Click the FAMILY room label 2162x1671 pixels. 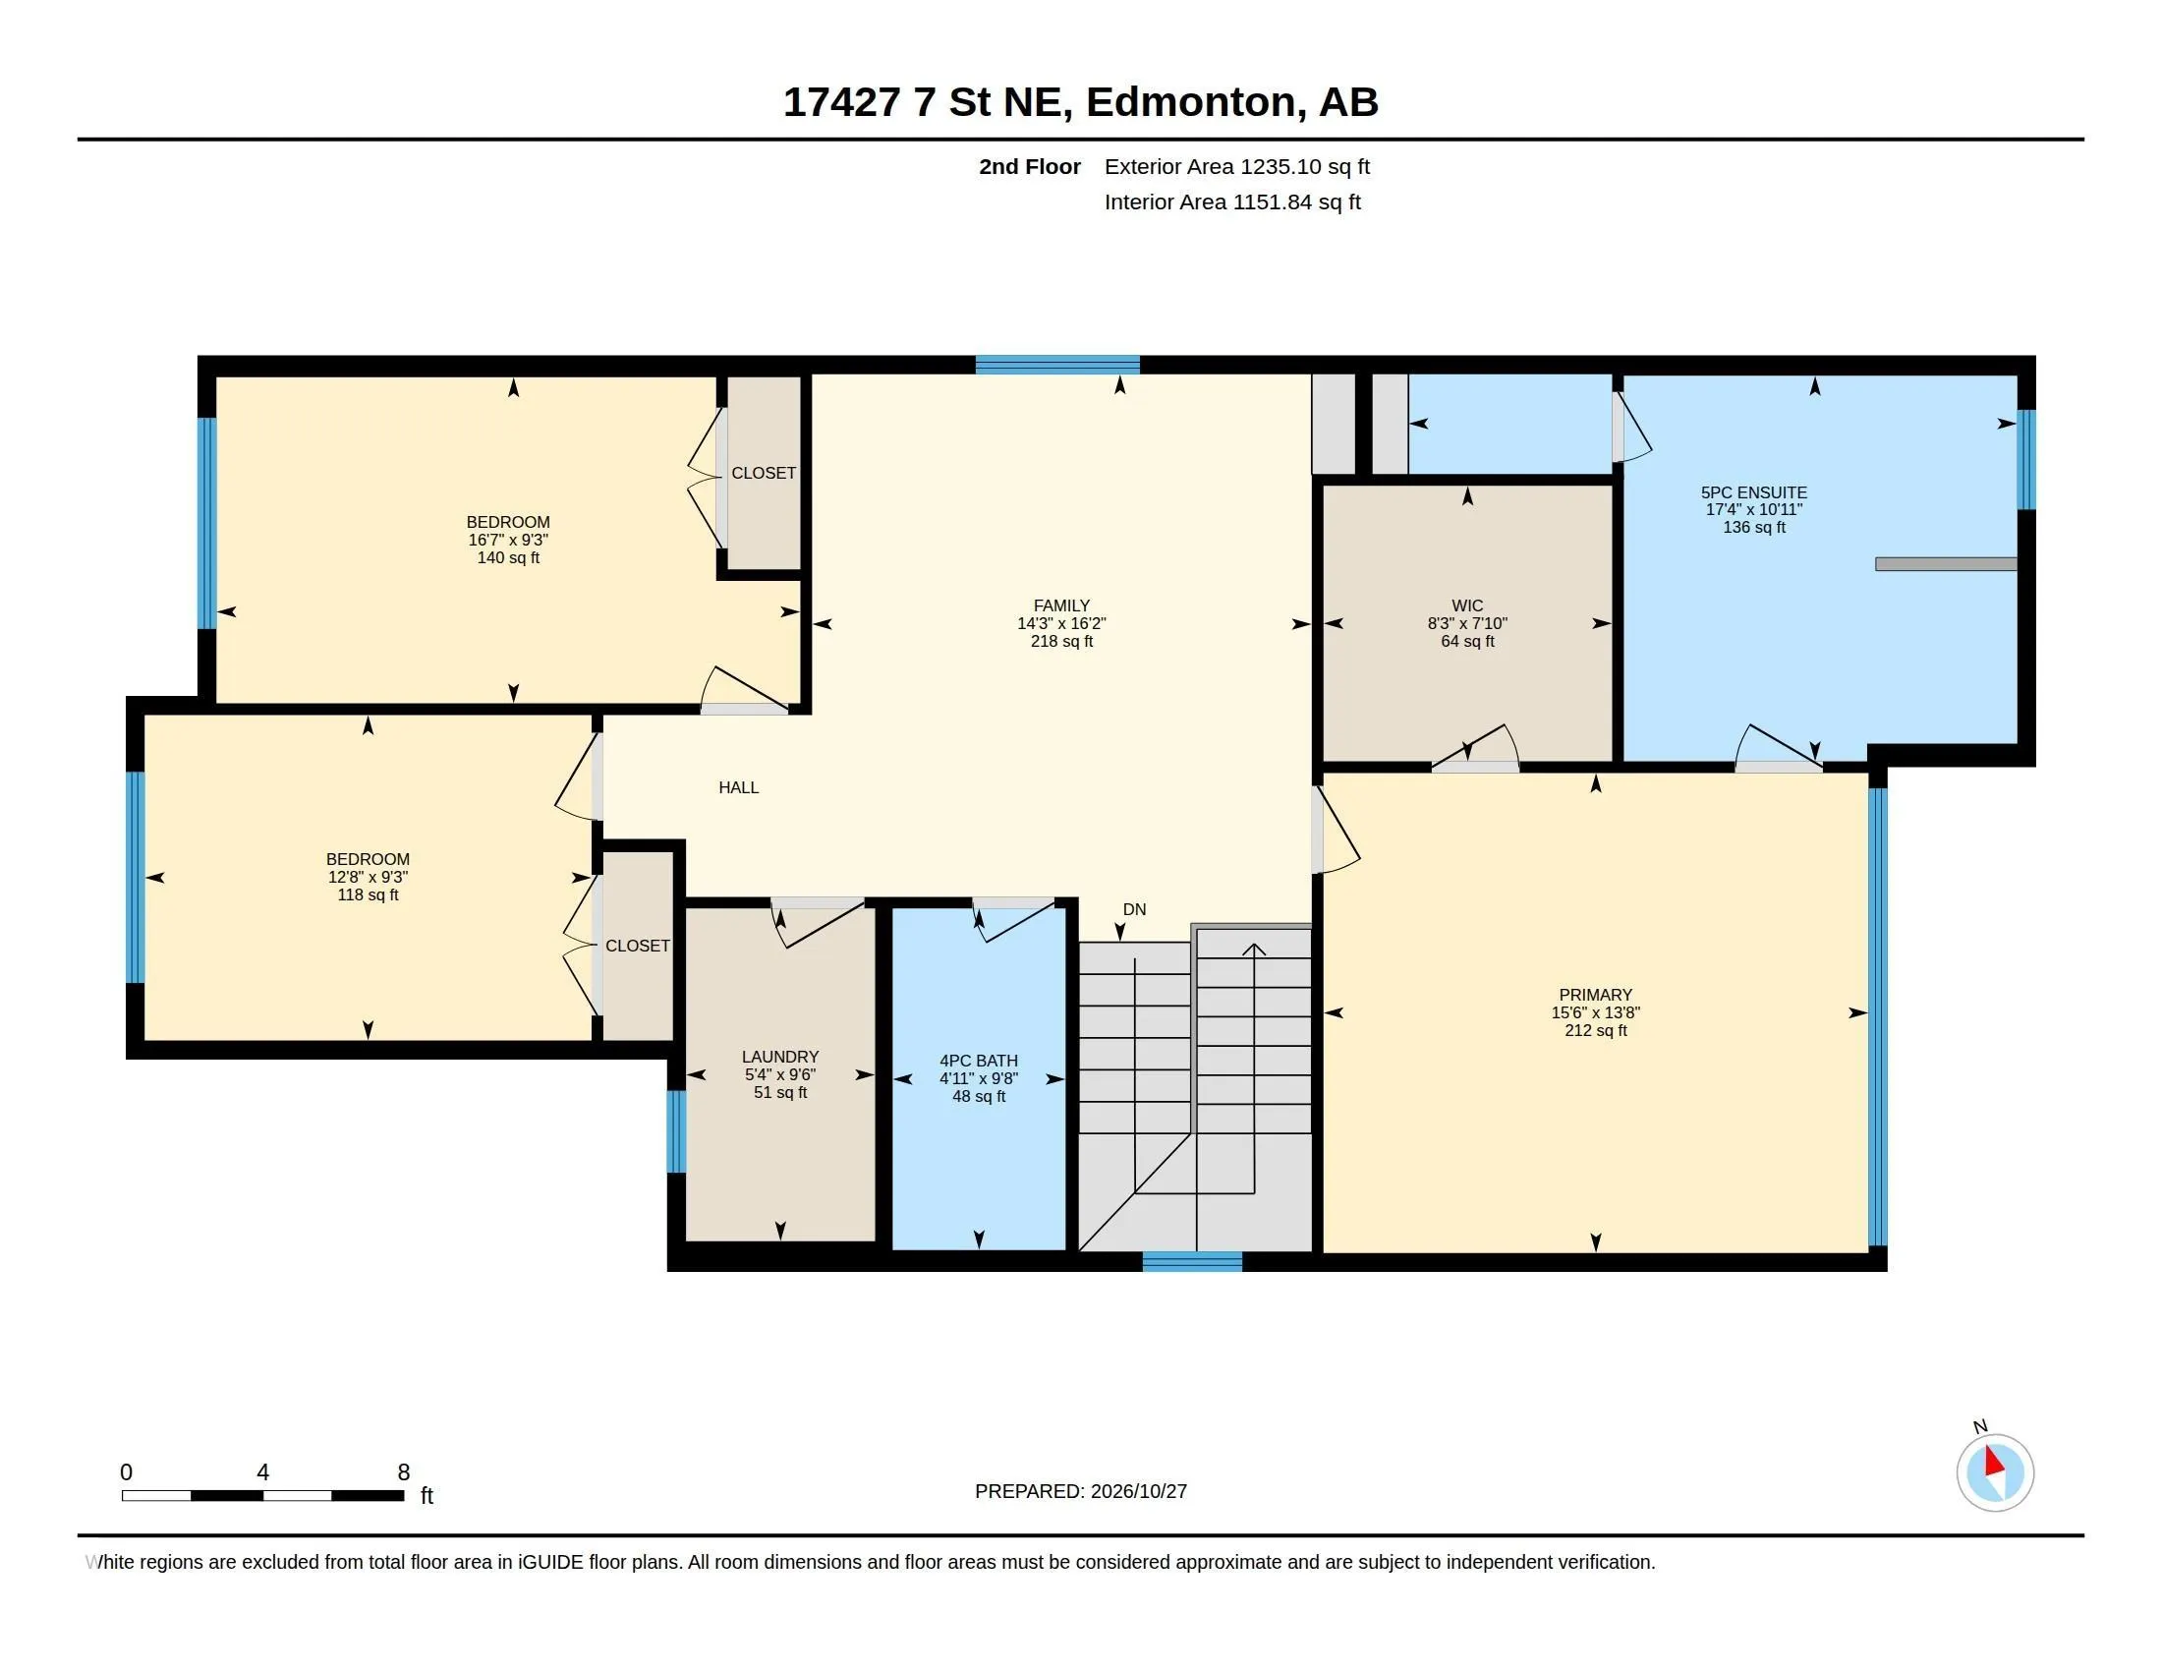coord(1061,605)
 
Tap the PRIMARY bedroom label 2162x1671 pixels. coord(1595,994)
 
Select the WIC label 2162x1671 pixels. coord(1467,605)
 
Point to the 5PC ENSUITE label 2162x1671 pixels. coord(1753,492)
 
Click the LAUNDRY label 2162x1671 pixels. coord(780,1057)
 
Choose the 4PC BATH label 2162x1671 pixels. coord(978,1061)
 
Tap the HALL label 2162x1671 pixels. coord(738,787)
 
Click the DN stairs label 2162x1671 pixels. coord(1134,909)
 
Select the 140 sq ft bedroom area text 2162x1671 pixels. coord(508,557)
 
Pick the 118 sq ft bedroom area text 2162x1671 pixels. coord(368,894)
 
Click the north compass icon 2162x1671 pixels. coord(1994,1472)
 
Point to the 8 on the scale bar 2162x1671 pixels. coord(403,1472)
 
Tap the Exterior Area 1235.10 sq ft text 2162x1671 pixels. coord(1236,166)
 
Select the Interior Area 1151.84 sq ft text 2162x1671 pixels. coord(1232,202)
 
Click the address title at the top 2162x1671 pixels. coord(1080,102)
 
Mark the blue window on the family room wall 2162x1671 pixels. coord(1057,365)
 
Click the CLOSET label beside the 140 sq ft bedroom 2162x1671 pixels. coord(764,473)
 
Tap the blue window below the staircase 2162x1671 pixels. coord(1192,1261)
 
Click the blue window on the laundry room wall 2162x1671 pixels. coord(676,1131)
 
